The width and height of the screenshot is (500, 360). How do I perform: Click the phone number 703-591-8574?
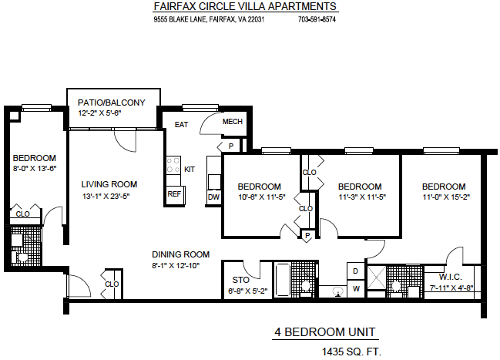317,19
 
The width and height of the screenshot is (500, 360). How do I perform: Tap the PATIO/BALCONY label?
111,103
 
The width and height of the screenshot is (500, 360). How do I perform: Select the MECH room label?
233,122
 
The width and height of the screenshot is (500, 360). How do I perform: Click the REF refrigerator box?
175,194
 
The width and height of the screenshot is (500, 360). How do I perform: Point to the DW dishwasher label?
213,197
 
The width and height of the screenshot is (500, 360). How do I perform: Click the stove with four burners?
173,165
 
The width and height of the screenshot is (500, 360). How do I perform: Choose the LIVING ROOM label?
109,184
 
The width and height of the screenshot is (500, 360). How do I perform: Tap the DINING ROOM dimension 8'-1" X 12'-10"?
176,265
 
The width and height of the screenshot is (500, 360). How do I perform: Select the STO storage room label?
240,280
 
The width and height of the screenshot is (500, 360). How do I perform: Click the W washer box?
356,289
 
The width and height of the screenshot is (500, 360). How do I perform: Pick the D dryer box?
356,271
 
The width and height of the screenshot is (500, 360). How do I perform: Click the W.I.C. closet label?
451,277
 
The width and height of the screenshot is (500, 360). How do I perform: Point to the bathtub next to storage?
282,280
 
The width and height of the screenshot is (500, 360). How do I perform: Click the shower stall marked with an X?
377,278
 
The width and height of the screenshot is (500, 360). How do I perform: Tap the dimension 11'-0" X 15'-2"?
446,197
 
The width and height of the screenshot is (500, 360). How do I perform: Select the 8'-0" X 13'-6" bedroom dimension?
35,169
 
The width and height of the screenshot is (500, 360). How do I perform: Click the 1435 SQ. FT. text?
351,352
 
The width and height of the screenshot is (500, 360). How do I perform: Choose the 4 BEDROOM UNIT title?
325,332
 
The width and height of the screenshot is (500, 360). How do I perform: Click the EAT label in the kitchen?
181,124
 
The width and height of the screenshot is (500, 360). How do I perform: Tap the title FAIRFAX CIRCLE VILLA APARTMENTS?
245,6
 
